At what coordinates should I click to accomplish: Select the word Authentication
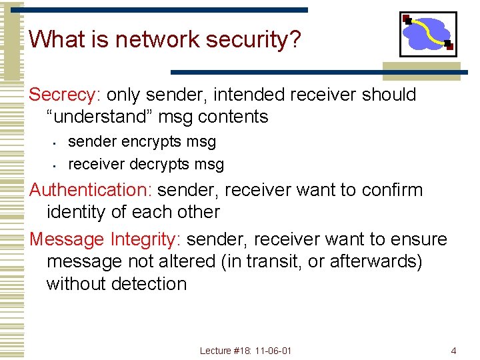(x=91, y=190)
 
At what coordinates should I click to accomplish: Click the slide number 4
(x=453, y=350)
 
